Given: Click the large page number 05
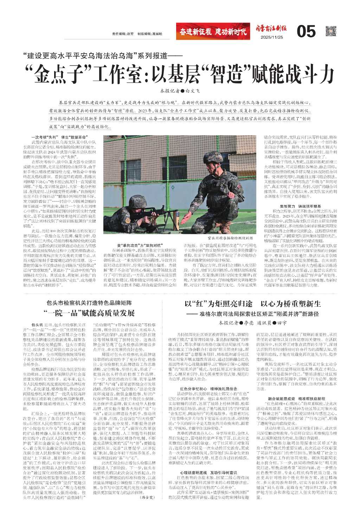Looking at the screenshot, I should pyautogui.click(x=306, y=32).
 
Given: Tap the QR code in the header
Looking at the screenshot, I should pyautogui.click(x=331, y=31).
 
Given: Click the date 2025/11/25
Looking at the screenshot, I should pyautogui.click(x=271, y=38).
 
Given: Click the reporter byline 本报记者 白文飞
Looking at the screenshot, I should pyautogui.click(x=180, y=91).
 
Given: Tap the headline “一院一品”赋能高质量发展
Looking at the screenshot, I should pyautogui.click(x=89, y=313).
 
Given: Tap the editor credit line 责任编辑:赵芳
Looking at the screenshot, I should pyautogui.click(x=123, y=34).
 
